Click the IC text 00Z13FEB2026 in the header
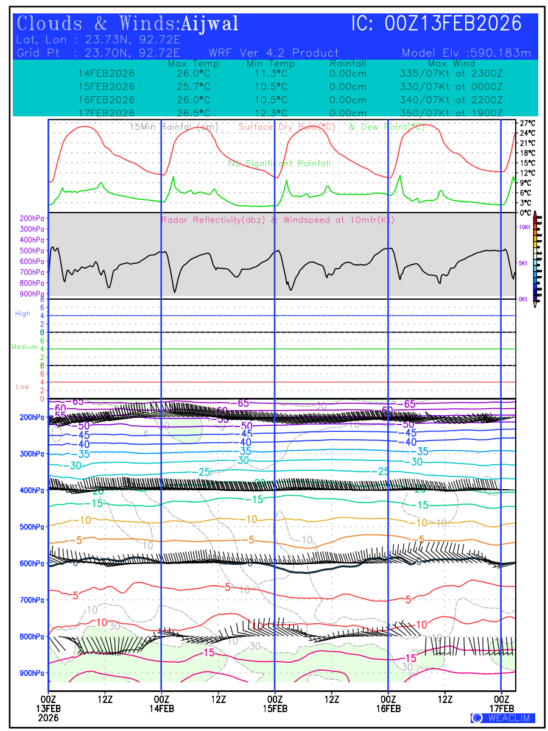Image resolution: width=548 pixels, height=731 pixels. pos(454,24)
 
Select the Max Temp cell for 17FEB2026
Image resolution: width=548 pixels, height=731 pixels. pos(189,113)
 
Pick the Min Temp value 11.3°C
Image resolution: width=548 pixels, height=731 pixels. pos(271,73)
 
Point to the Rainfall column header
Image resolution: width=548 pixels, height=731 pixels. pos(348,63)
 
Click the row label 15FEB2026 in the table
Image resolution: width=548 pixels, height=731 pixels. pos(107,87)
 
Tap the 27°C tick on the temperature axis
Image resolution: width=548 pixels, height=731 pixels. pos(527,123)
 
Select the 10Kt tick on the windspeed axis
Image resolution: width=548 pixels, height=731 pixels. pos(523,227)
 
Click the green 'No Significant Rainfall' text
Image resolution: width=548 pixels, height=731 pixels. pos(279,164)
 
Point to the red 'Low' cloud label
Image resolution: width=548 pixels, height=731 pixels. pos(23,387)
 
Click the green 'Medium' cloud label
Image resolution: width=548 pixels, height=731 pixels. pos(24,347)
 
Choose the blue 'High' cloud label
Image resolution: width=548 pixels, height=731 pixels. pos(23,314)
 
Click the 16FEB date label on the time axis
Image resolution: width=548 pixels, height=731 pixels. pos(388,708)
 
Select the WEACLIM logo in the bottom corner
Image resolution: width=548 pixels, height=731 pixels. pos(503,718)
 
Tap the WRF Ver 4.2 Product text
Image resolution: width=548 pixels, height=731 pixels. pos(273,53)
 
